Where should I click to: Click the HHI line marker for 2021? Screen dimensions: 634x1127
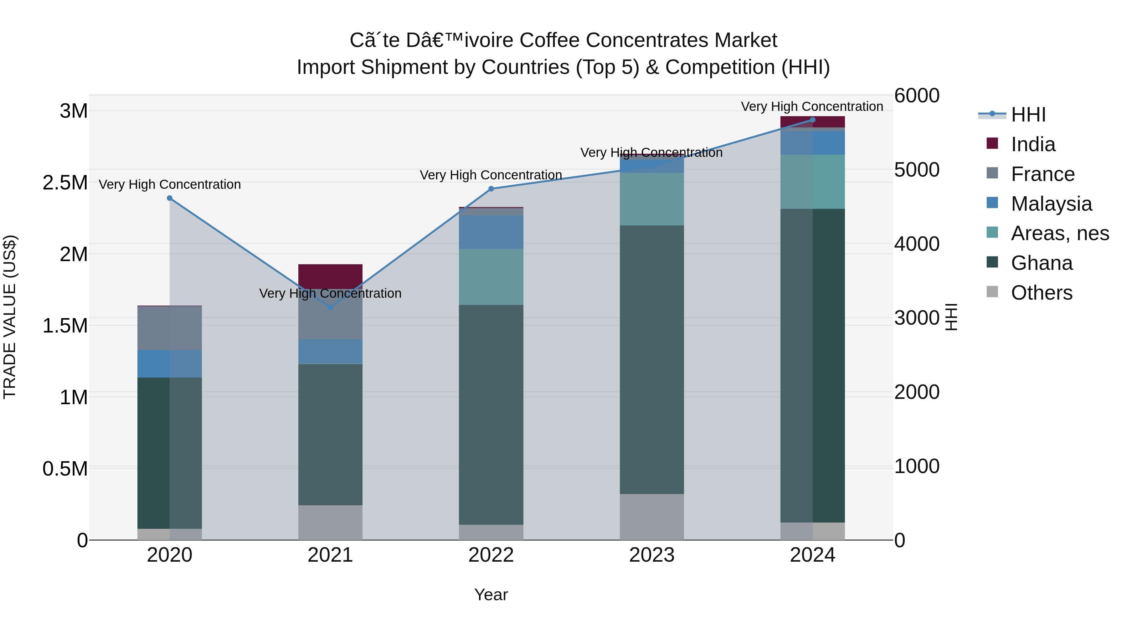click(330, 307)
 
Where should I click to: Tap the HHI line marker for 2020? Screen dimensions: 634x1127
click(170, 198)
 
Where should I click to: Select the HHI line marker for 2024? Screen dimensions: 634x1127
click(812, 120)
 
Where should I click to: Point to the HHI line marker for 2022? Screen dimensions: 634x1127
click(491, 189)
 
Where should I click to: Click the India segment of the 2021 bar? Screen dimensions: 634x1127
click(330, 276)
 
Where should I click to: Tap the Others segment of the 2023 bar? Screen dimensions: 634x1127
click(652, 516)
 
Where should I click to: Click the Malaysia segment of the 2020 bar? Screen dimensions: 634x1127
click(170, 363)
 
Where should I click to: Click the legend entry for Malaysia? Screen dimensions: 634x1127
click(1051, 204)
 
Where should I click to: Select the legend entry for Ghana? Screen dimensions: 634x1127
click(1041, 263)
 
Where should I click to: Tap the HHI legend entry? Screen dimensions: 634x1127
click(1028, 115)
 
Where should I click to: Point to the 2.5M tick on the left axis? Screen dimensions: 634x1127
click(65, 183)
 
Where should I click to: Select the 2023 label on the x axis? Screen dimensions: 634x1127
click(652, 555)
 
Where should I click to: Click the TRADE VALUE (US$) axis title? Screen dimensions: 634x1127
click(10, 317)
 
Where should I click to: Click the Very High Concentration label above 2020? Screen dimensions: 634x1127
click(170, 185)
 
